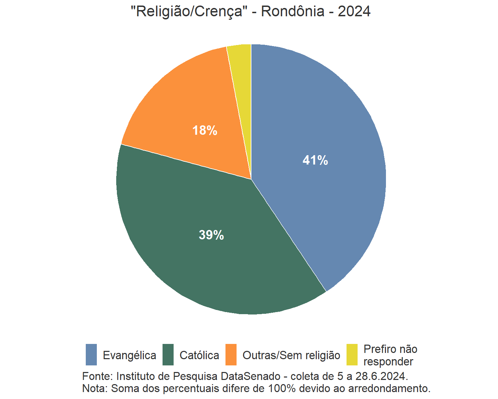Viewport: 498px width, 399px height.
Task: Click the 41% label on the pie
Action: pyautogui.click(x=315, y=160)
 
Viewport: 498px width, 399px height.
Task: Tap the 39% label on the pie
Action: pyautogui.click(x=211, y=235)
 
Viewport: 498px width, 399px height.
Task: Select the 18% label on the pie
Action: pyautogui.click(x=205, y=130)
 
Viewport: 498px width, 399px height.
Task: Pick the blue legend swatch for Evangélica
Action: pyautogui.click(x=91, y=355)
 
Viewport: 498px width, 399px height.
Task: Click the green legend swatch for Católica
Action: pyautogui.click(x=168, y=355)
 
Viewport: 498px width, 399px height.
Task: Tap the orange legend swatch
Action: pyautogui.click(x=231, y=355)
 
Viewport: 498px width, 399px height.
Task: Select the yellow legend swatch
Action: pyautogui.click(x=352, y=355)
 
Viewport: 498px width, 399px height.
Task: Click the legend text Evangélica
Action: pyautogui.click(x=129, y=355)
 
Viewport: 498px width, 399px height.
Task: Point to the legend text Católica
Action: pyautogui.click(x=199, y=355)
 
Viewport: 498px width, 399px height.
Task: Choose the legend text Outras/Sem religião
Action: pyautogui.click(x=291, y=355)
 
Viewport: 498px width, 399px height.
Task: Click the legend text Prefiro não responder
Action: pyautogui.click(x=390, y=355)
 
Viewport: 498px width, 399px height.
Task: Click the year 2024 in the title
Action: pyautogui.click(x=354, y=11)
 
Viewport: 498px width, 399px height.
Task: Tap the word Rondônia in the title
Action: pyautogui.click(x=293, y=11)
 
